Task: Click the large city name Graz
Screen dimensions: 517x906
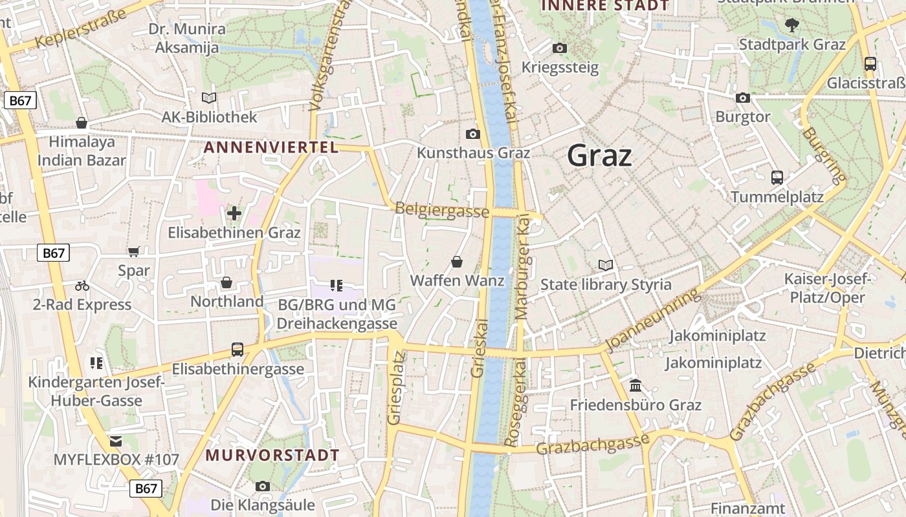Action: (599, 156)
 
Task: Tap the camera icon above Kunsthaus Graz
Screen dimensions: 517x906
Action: (473, 134)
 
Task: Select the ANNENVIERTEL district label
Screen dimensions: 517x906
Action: (271, 147)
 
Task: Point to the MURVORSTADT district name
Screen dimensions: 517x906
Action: (272, 455)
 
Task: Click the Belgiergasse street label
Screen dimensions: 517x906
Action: (441, 210)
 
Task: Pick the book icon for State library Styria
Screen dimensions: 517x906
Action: (606, 265)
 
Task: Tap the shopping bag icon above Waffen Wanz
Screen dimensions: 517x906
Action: (457, 261)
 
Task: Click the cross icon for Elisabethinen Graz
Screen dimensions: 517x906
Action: (234, 213)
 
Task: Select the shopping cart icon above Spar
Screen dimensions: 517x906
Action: (134, 251)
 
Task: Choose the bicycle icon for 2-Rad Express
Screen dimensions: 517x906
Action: (82, 285)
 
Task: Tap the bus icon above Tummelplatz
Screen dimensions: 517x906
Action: (777, 177)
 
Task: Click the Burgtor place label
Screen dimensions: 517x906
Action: (743, 117)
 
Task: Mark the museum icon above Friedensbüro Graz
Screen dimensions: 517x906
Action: (635, 385)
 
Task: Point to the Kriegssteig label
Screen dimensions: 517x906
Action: (560, 67)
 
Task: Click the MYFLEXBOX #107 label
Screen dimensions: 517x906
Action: (116, 460)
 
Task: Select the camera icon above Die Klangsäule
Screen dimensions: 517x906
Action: (263, 486)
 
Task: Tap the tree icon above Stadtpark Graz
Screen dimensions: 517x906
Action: (791, 25)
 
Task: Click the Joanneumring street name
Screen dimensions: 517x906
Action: (654, 320)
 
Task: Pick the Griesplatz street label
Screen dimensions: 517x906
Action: (395, 388)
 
